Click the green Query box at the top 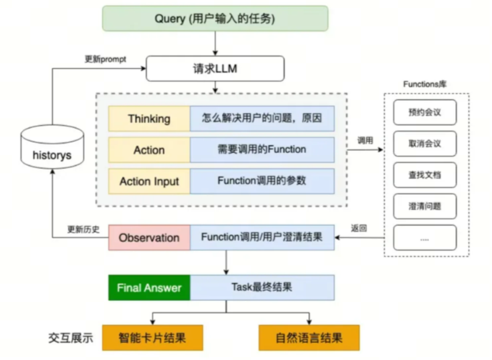click(215, 18)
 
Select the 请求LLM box click(215, 69)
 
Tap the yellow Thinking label click(149, 119)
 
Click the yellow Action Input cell click(149, 181)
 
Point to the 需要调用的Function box click(262, 150)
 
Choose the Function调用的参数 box click(262, 181)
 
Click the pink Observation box click(149, 238)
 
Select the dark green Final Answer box click(149, 288)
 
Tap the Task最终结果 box click(262, 288)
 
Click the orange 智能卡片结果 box click(152, 338)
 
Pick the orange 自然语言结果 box click(309, 338)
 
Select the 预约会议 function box click(425, 112)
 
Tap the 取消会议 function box click(425, 144)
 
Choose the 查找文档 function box click(425, 175)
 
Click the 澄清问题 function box click(425, 206)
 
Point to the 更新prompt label click(105, 59)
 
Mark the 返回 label click(359, 228)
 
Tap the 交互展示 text click(71, 338)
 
